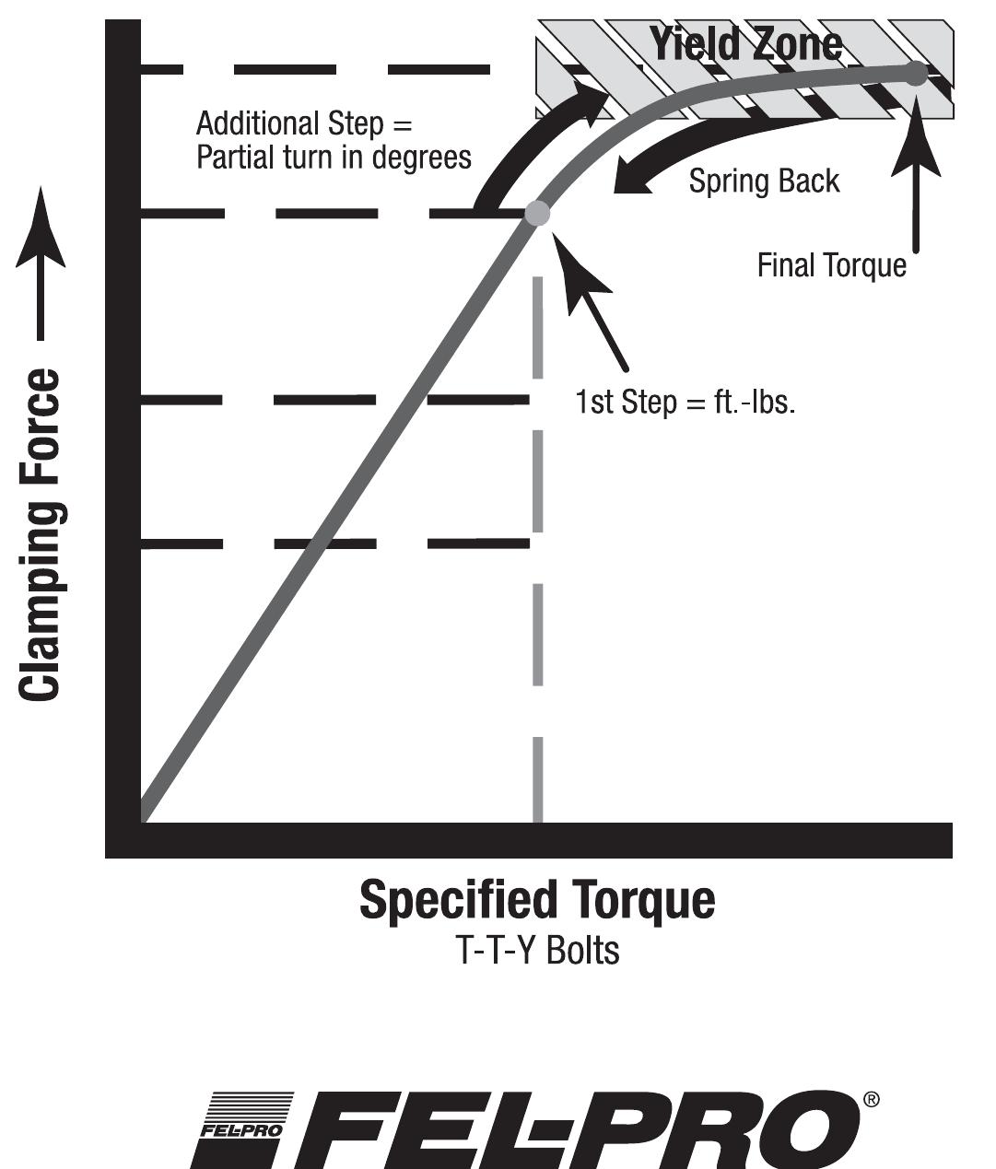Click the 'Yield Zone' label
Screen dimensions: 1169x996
point(745,43)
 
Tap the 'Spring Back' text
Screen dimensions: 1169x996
point(764,181)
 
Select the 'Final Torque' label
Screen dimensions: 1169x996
point(831,265)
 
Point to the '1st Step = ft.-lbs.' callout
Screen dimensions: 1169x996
point(685,403)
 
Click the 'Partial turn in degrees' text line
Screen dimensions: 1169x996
point(334,157)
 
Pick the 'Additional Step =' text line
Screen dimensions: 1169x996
point(304,123)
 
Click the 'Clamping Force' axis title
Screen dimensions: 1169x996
point(41,534)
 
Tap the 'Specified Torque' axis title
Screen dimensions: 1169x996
point(536,900)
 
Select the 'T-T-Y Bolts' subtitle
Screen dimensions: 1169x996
point(537,951)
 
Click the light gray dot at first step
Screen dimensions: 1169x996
point(537,214)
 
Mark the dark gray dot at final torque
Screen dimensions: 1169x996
point(915,74)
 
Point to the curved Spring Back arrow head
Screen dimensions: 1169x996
point(631,180)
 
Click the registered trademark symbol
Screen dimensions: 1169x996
point(871,1100)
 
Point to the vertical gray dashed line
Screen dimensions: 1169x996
point(538,553)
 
